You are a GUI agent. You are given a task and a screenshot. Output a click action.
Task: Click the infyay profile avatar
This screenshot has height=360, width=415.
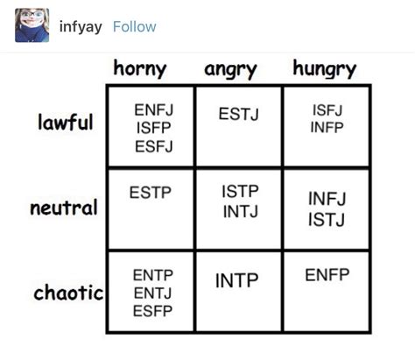[32, 26]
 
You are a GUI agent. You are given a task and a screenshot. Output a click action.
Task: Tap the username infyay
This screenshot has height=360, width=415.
[81, 26]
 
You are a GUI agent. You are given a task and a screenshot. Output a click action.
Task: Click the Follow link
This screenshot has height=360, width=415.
[135, 26]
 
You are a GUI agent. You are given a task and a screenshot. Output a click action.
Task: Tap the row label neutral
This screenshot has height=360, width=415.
[63, 209]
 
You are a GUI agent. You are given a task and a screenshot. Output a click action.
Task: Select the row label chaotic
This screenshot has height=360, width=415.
[67, 293]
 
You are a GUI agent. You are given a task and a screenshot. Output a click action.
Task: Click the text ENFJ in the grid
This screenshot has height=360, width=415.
[152, 109]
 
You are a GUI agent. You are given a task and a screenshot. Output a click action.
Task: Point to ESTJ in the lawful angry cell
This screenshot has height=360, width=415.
[239, 113]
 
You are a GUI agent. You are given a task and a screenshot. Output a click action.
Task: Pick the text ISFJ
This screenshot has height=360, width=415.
[327, 110]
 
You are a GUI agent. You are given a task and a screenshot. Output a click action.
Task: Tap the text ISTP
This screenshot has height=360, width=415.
[240, 192]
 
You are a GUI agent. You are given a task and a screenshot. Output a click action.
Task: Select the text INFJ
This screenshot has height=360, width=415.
[327, 200]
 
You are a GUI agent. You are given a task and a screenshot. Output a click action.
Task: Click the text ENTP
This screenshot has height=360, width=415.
[152, 275]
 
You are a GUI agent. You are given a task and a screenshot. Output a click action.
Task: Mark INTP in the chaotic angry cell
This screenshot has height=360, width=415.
[237, 280]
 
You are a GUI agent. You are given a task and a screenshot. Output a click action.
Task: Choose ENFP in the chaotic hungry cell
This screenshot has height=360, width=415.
[327, 275]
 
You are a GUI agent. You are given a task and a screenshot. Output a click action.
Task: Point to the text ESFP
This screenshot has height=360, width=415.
[152, 311]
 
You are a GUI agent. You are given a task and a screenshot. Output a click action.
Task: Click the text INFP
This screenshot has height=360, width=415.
[327, 128]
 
